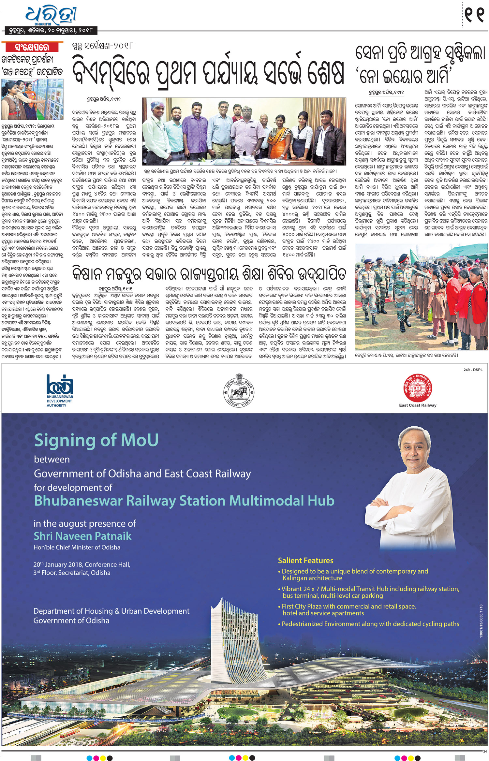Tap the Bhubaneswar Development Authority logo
coord(60,390)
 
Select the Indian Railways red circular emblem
coord(418,388)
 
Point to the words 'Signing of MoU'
coord(96,440)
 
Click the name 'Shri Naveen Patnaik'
coord(82,536)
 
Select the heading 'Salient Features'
coord(305,561)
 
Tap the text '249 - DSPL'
coord(473,370)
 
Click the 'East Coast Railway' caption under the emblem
coord(418,405)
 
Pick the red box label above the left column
coord(32,47)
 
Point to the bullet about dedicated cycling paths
coord(370,624)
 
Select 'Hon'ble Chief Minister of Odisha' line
coord(77,548)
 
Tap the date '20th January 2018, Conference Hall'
coord(82,564)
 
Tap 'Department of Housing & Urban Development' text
coord(111,611)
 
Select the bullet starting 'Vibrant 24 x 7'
coord(370,589)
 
